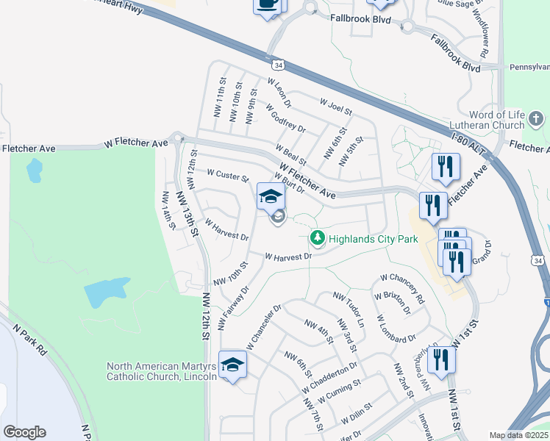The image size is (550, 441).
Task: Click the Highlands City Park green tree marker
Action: (x=317, y=238)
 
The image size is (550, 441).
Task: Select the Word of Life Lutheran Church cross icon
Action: (x=537, y=118)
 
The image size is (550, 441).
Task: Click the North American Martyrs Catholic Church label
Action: (x=162, y=371)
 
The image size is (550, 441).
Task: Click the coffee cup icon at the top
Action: (x=268, y=4)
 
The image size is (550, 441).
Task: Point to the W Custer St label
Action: (x=229, y=176)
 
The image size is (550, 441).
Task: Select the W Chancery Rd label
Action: (x=401, y=290)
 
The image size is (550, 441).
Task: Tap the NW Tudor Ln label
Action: (x=349, y=310)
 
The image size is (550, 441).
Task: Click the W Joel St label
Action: (x=335, y=107)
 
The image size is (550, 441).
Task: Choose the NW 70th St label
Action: (x=230, y=273)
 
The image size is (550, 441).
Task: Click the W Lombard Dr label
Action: (x=396, y=329)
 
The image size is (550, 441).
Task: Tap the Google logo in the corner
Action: (x=24, y=432)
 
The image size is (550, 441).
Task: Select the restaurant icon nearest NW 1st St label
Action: (x=441, y=360)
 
